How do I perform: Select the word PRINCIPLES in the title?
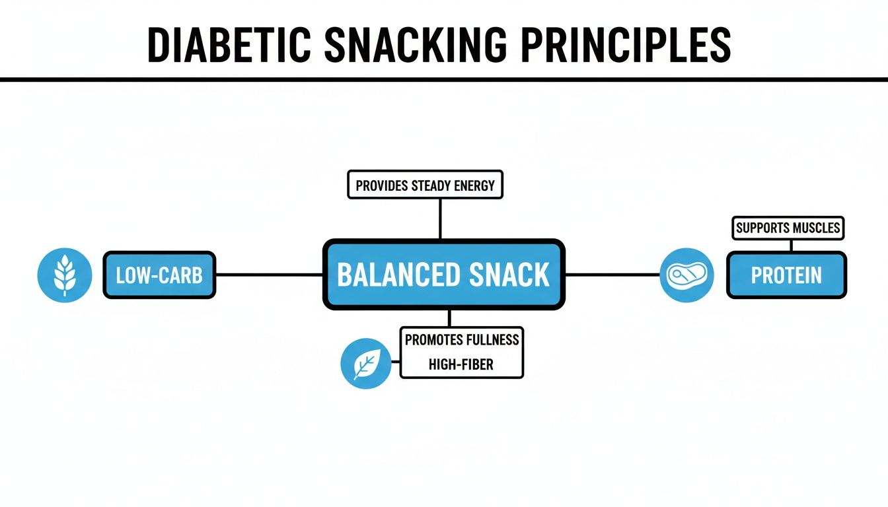[626, 46]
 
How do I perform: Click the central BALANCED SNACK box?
[443, 275]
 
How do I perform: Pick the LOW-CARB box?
[159, 275]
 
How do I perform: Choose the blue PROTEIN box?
[786, 275]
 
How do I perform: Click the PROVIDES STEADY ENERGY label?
[425, 186]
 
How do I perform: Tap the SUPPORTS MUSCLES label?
[788, 228]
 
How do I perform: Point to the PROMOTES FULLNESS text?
[462, 340]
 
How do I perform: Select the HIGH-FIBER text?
[461, 364]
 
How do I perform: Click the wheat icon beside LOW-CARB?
[65, 275]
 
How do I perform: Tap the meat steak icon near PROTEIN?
[686, 275]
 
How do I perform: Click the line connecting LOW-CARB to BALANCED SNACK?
[269, 275]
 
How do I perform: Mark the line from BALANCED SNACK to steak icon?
[612, 275]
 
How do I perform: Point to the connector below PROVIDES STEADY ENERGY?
[440, 219]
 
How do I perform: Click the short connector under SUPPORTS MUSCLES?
[790, 245]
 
